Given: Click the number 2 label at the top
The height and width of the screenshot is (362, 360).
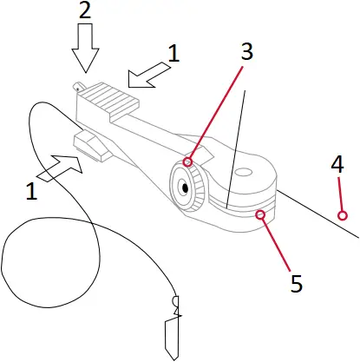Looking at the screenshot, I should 85,13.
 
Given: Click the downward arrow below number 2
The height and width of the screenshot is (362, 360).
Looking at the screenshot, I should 85,49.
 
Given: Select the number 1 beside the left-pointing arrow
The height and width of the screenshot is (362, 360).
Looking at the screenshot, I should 173,54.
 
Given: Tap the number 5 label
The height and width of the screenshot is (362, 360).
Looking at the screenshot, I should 296,282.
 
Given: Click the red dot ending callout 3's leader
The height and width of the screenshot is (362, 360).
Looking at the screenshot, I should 188,161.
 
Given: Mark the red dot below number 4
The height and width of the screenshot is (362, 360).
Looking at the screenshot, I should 343,214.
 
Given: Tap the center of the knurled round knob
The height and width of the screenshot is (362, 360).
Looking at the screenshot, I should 185,187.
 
